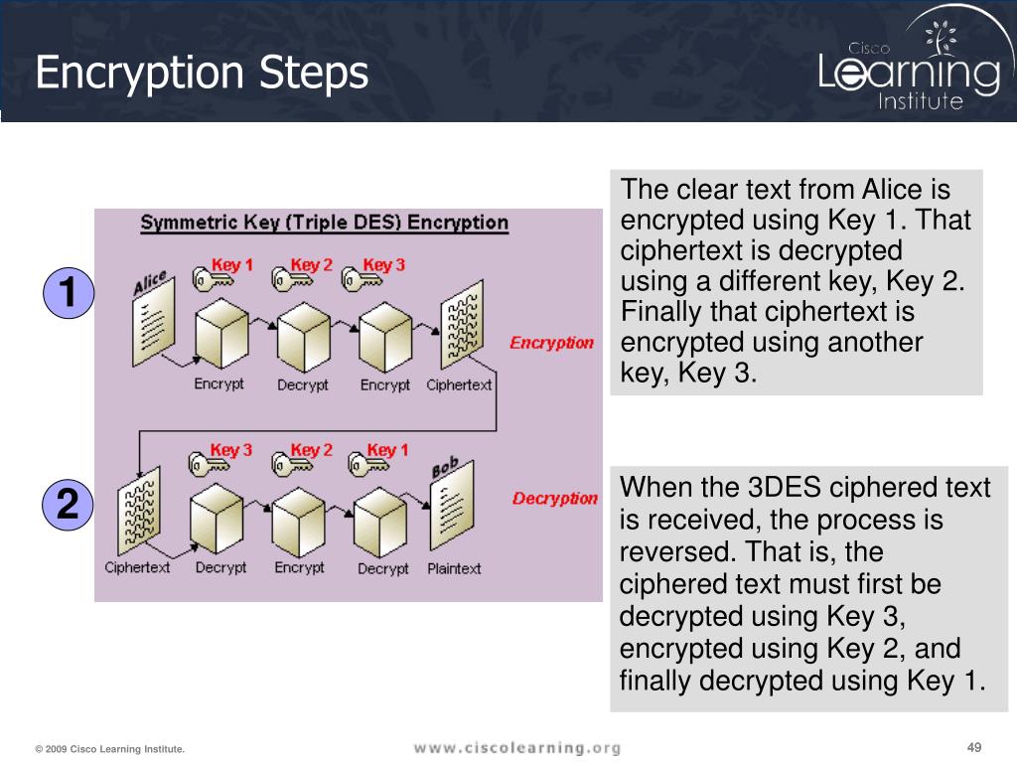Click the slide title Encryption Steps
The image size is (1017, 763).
click(x=202, y=75)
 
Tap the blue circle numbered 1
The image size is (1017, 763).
click(x=68, y=294)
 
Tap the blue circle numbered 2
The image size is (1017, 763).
click(x=68, y=506)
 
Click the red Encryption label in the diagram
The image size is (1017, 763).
click(x=551, y=343)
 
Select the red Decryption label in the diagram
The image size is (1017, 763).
click(x=554, y=499)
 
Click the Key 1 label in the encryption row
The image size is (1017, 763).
click(x=232, y=265)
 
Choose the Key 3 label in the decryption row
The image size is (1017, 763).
click(x=231, y=450)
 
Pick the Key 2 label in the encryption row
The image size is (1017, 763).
click(x=311, y=265)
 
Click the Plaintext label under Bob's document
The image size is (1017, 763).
click(x=454, y=568)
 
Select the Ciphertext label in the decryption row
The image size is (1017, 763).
click(x=137, y=567)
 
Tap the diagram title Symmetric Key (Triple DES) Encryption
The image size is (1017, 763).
click(x=324, y=223)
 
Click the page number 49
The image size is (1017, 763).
click(x=973, y=748)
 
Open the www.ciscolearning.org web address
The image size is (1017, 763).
click(x=516, y=748)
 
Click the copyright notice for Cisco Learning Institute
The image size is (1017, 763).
click(x=109, y=749)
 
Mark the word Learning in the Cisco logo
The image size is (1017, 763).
click(x=909, y=76)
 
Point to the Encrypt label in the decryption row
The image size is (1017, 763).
click(x=299, y=567)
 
